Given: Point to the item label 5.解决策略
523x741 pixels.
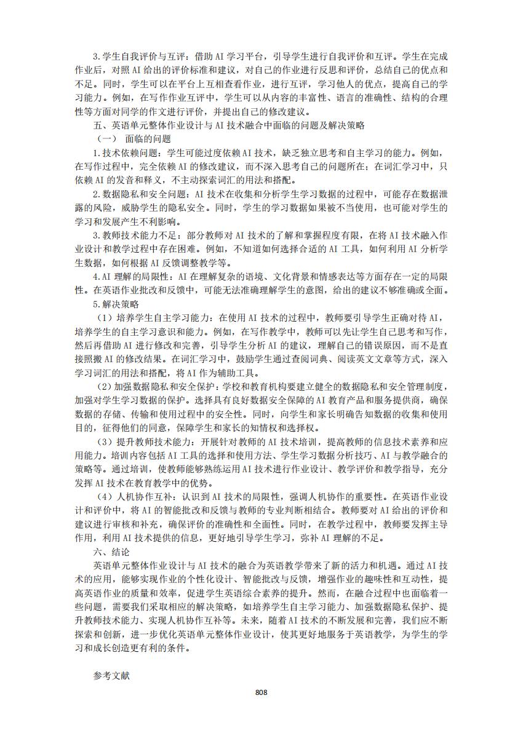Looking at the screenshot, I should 116,304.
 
